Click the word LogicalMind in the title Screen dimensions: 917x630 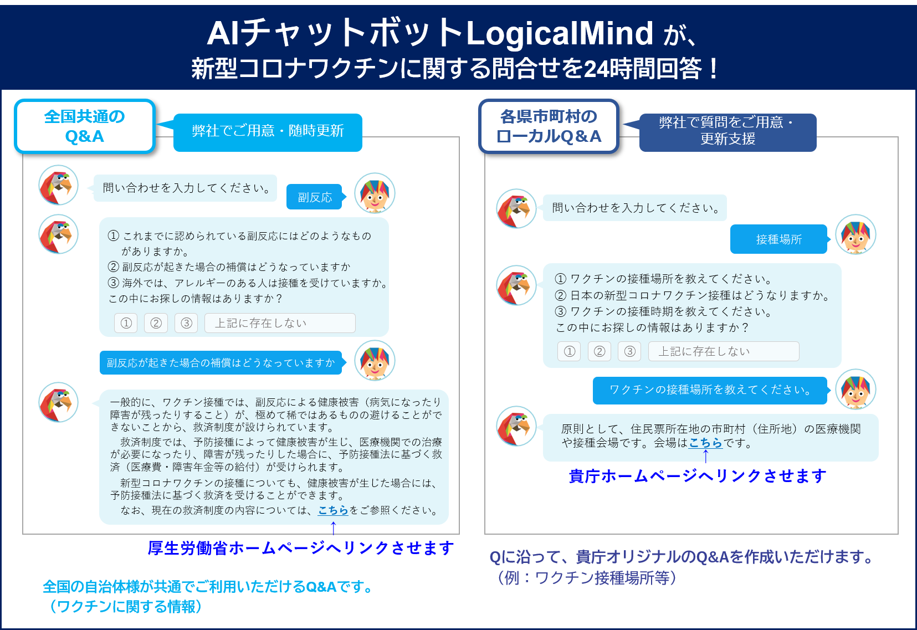pos(560,34)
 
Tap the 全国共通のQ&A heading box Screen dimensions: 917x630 pos(85,126)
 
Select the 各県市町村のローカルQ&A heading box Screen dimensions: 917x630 pos(549,126)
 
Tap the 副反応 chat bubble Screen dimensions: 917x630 pos(314,197)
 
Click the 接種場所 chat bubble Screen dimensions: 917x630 pos(778,239)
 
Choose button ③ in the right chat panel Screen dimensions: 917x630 pos(629,351)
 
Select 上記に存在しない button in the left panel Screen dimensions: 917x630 pos(280,323)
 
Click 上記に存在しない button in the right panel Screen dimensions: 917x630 pos(724,351)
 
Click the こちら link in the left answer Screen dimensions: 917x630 pos(333,510)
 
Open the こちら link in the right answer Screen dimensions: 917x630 pos(705,443)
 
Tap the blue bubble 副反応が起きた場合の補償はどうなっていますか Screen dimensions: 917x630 pos(221,363)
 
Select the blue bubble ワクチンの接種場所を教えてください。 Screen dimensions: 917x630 pos(710,390)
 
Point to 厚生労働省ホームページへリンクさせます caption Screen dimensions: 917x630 pos(301,548)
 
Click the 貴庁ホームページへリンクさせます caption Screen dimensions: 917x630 pos(698,476)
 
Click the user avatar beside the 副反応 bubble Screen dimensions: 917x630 pos(375,193)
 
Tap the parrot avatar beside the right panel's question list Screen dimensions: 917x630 pos(516,285)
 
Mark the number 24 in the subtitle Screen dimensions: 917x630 pos(596,69)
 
